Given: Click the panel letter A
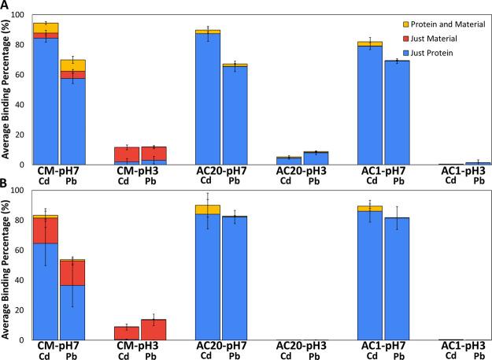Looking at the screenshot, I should [x=5, y=6].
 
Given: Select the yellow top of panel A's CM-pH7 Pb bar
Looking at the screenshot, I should [x=72, y=65].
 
